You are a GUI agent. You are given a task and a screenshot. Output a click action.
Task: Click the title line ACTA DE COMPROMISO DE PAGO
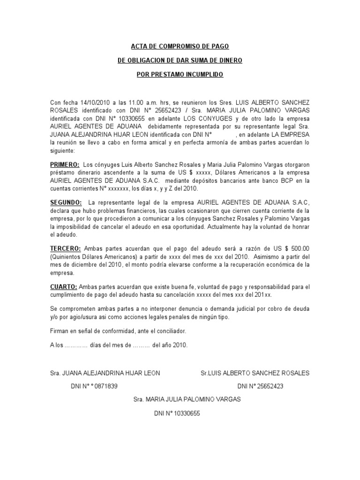(x=180, y=46)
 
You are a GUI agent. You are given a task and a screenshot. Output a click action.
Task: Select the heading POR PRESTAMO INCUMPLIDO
(x=180, y=75)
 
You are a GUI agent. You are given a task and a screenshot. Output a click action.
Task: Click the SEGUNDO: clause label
(x=66, y=202)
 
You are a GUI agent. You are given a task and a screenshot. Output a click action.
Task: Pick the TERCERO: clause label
(x=66, y=248)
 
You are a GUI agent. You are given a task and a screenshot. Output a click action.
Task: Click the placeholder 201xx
(x=262, y=295)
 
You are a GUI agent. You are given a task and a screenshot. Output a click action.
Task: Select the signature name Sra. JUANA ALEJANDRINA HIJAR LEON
(x=105, y=373)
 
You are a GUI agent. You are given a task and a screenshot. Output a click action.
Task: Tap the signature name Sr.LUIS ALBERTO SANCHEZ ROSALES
(x=255, y=373)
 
